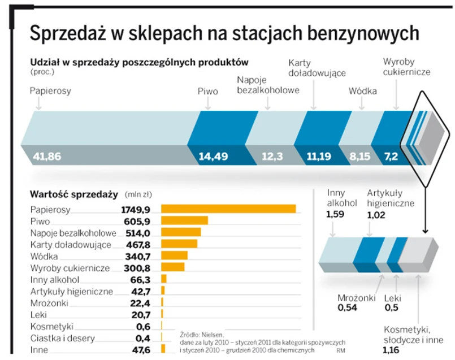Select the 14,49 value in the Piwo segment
(x=213, y=157)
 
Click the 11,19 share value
(x=319, y=157)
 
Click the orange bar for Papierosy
(x=228, y=209)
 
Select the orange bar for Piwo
(x=184, y=220)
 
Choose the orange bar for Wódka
(x=174, y=255)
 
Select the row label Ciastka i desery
(x=63, y=339)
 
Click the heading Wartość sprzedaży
(x=73, y=194)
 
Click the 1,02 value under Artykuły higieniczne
(x=376, y=214)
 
